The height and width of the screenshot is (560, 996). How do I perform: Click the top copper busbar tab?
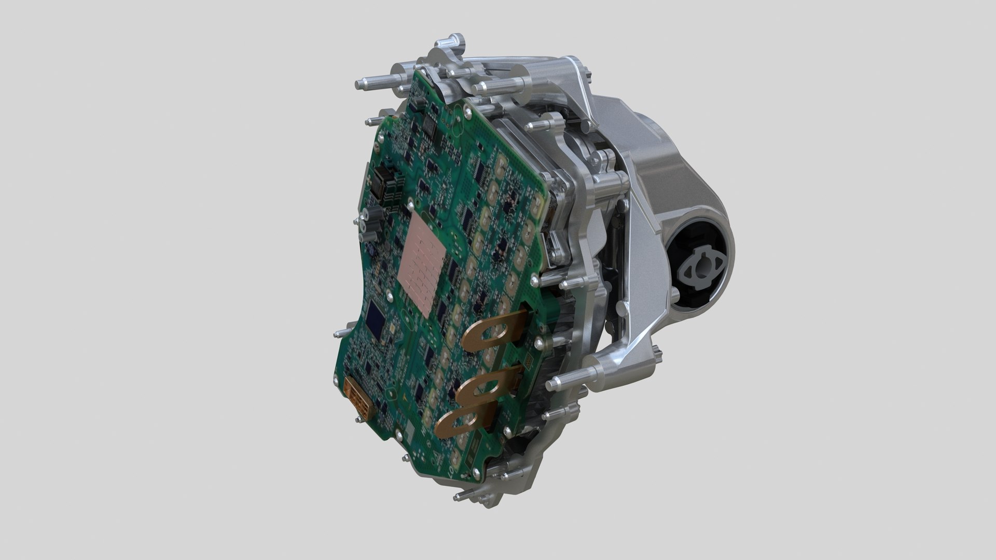pos(490,334)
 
